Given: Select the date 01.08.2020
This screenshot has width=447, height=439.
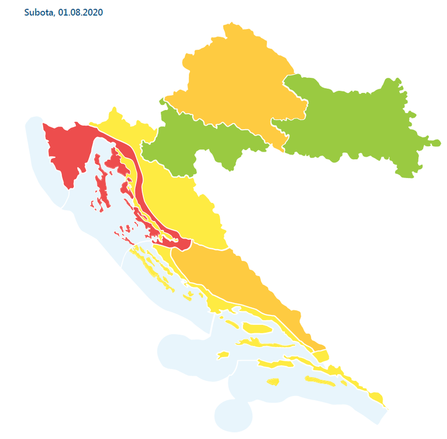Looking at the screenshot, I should click(80, 12).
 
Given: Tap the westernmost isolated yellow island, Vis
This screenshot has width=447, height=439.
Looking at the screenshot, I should click(222, 355).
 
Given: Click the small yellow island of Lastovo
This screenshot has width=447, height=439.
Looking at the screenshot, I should click(273, 382).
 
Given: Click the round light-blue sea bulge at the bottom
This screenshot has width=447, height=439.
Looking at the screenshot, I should click(233, 414).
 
